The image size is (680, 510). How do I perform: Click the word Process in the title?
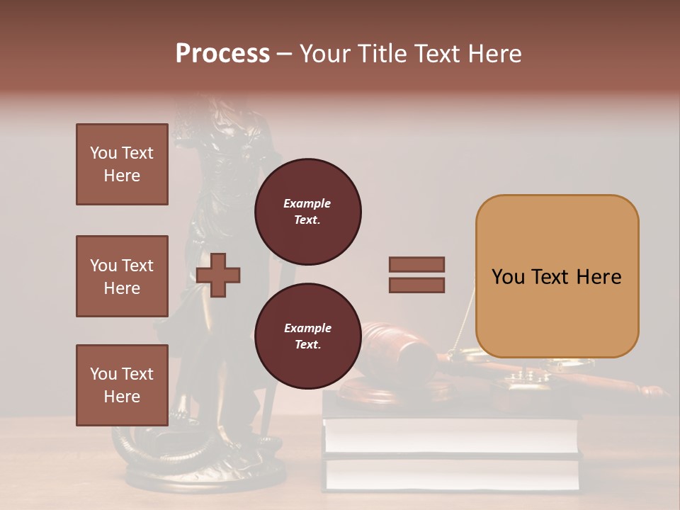click(222, 54)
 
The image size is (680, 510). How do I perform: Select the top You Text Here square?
click(122, 164)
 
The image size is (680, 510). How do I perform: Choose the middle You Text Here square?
click(122, 276)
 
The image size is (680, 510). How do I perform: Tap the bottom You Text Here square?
click(122, 385)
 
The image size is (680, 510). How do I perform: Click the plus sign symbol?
click(218, 276)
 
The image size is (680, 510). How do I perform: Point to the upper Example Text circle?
click(308, 211)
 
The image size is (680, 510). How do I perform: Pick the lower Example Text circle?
click(308, 336)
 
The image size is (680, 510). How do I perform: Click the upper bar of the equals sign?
click(417, 265)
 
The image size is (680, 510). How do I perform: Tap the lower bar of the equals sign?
click(417, 285)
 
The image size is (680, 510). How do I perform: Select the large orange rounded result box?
click(557, 276)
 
